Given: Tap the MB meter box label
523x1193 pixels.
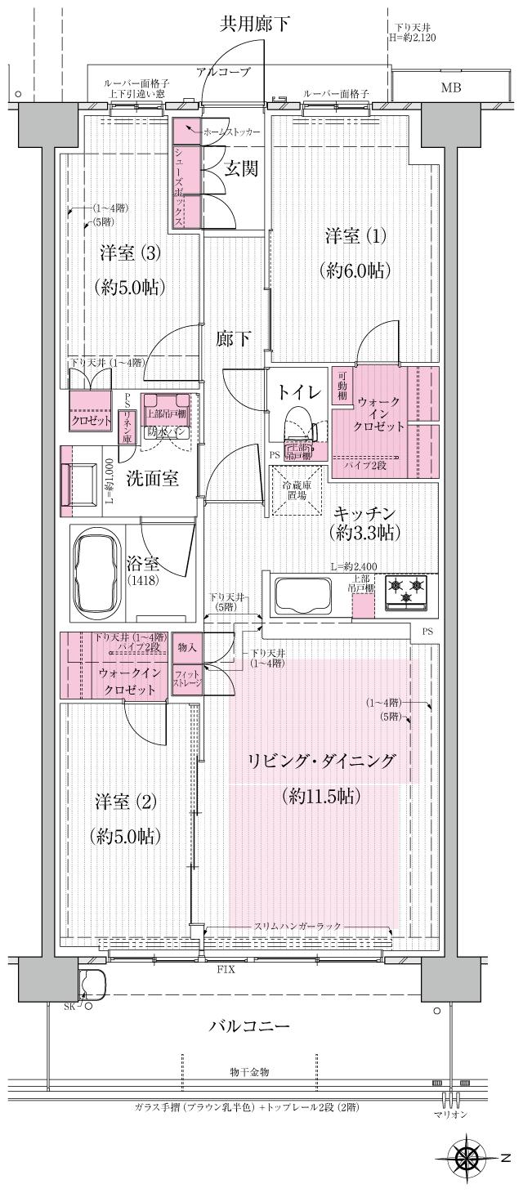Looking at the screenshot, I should pyautogui.click(x=450, y=87).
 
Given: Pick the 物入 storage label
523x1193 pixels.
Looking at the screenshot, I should pyautogui.click(x=187, y=646).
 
